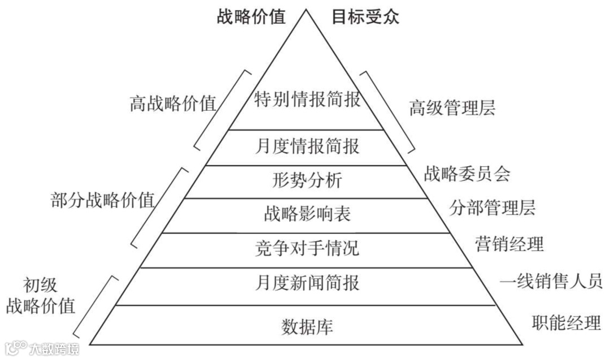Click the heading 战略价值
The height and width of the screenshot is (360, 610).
251,16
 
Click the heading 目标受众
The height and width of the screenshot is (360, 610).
365,16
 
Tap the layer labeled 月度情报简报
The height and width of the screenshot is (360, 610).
307,146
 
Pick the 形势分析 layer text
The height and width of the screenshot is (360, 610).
307,181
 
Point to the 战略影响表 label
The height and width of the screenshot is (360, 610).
307,214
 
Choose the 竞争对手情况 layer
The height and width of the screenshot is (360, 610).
307,248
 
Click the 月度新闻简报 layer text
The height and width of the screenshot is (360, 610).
307,282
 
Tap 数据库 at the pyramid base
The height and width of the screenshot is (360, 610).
307,327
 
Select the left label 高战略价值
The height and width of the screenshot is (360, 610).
173,104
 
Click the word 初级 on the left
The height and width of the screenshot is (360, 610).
41,285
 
